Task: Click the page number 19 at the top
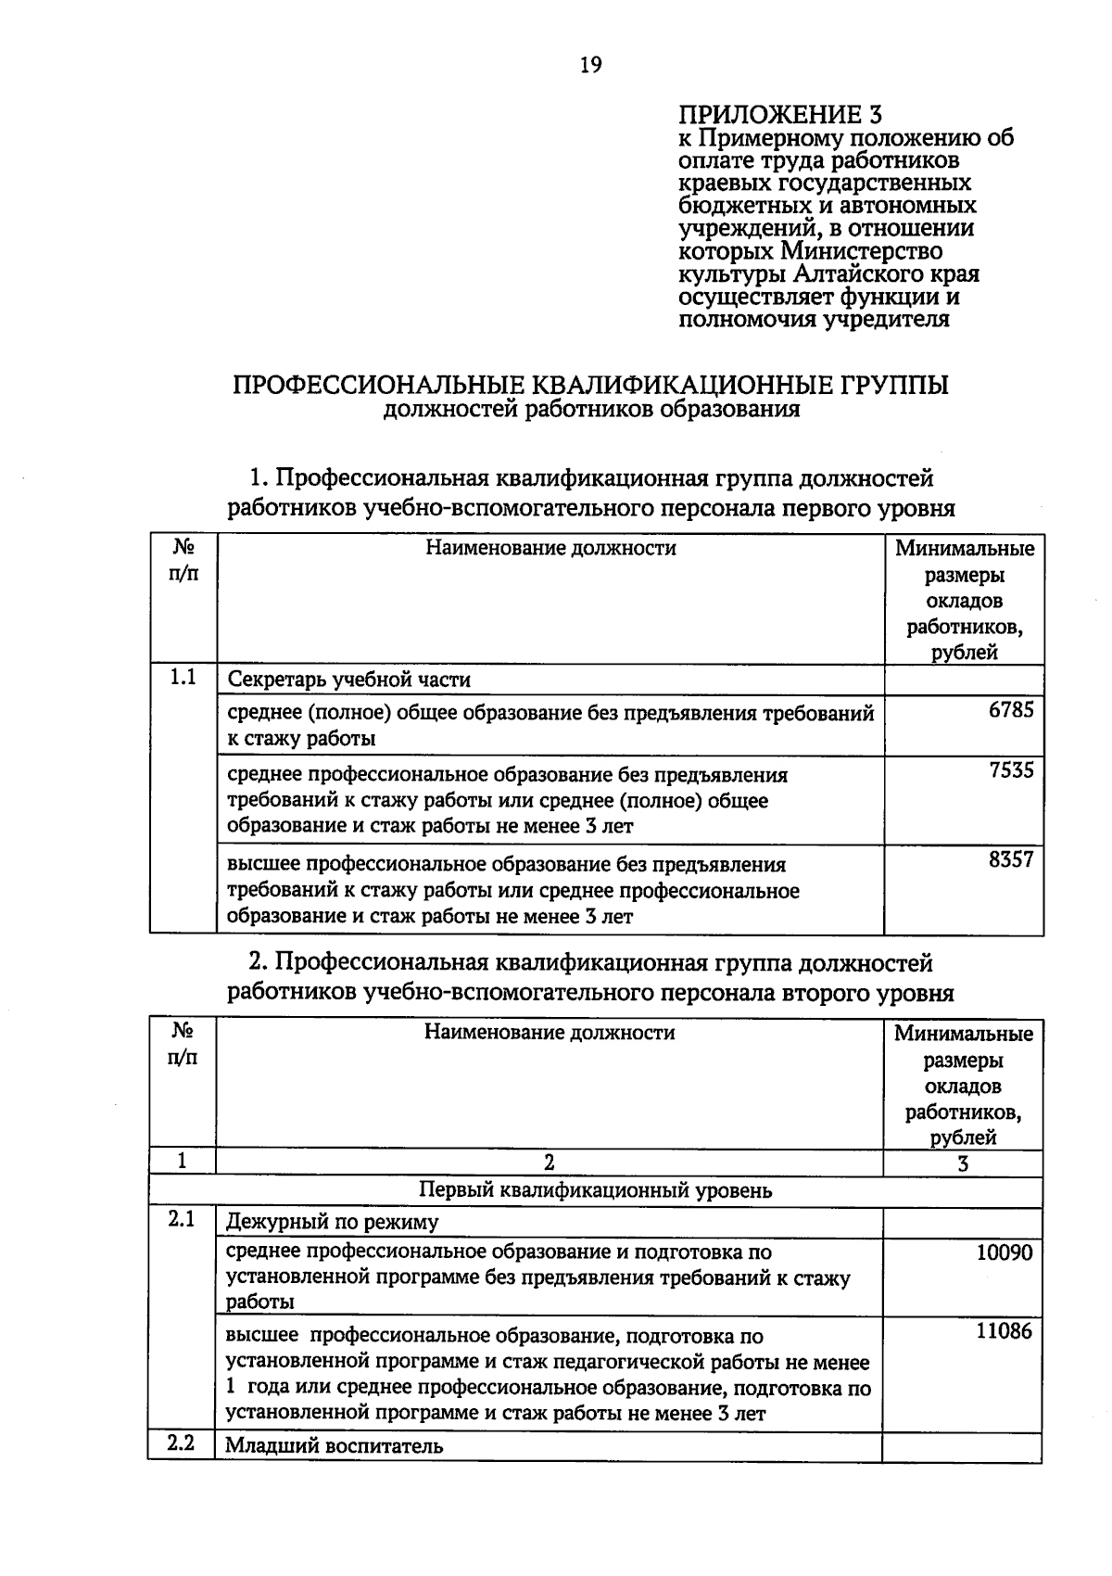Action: (x=590, y=65)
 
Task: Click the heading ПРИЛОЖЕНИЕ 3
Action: (x=780, y=114)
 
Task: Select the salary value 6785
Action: (x=1010, y=711)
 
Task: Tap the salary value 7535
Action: (x=1010, y=770)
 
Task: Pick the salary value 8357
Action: (x=1010, y=859)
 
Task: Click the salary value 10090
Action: (x=1004, y=1252)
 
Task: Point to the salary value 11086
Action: (x=1004, y=1332)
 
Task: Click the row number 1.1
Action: (x=183, y=678)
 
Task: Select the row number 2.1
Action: (x=181, y=1220)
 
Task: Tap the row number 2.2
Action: (x=181, y=1443)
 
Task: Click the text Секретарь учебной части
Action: (x=349, y=680)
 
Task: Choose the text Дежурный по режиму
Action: (x=333, y=1222)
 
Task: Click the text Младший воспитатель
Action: (x=335, y=1445)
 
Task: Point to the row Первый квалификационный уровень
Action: (x=596, y=1190)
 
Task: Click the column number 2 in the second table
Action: (x=549, y=1163)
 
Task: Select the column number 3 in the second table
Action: (x=963, y=1163)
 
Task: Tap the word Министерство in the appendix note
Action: (x=861, y=251)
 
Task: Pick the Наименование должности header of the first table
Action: (x=550, y=548)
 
